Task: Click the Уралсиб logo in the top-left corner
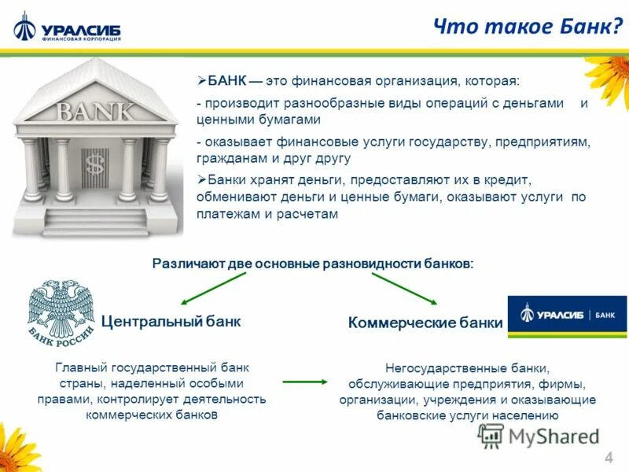[67, 30]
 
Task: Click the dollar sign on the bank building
[95, 164]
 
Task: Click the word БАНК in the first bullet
[226, 81]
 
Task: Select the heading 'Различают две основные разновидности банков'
[313, 263]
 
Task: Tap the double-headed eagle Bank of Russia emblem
[61, 311]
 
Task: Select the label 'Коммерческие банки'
[425, 323]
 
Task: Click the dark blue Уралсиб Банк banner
[567, 315]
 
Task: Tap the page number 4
[609, 459]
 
